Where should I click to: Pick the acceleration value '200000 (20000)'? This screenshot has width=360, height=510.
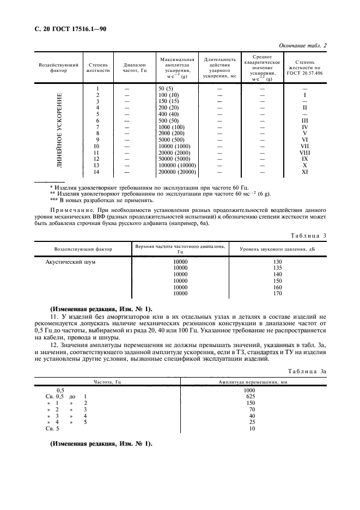177,172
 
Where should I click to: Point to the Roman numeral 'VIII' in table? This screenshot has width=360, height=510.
304,153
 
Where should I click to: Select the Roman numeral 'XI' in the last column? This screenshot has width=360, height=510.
304,172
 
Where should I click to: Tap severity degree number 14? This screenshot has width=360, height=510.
97,172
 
